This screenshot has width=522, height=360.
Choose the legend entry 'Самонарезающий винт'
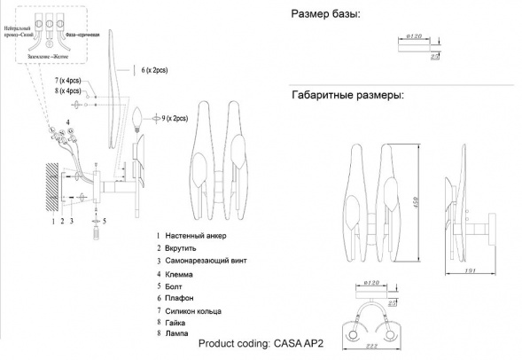click(203, 262)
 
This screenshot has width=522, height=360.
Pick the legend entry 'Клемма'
click(180, 274)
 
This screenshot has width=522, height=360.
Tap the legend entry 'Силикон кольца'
click(193, 312)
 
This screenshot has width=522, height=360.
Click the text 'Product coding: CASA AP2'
click(258, 345)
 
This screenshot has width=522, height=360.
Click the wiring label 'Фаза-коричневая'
click(88, 33)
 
